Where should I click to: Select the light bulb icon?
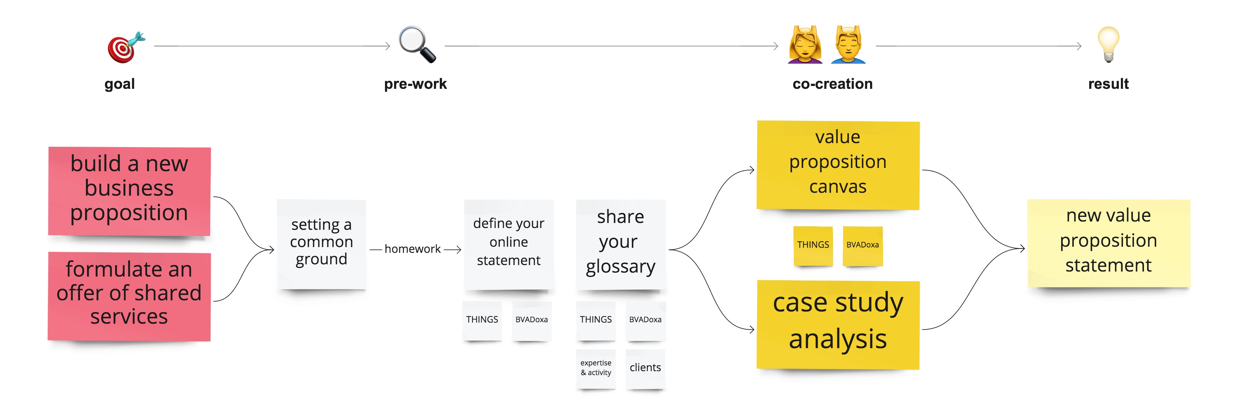(x=1108, y=45)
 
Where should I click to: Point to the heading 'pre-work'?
(x=415, y=84)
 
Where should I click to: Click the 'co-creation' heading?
(x=832, y=84)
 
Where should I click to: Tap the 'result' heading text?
(x=1108, y=84)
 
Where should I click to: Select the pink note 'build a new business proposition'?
(x=130, y=191)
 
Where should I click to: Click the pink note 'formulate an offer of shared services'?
(x=130, y=296)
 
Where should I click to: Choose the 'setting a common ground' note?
(x=322, y=244)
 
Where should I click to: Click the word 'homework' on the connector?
(x=412, y=249)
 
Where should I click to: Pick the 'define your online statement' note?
(x=509, y=244)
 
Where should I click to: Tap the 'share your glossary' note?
(x=621, y=244)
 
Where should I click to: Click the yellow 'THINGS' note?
(x=813, y=245)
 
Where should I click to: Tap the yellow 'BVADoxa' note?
(x=863, y=245)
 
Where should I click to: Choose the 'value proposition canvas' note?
(x=838, y=165)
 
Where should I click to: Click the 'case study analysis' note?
(x=838, y=324)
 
